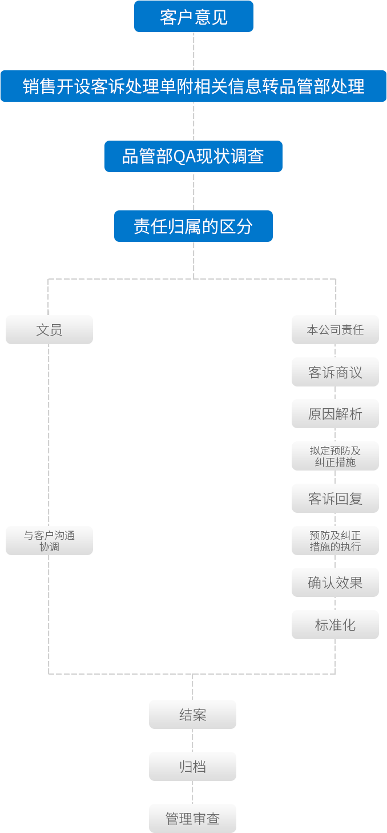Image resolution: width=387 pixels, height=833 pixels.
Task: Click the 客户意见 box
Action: pos(193,17)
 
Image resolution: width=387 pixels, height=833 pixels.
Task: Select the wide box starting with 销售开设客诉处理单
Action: pos(193,86)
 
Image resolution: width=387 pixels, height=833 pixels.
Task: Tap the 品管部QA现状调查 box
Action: pos(193,156)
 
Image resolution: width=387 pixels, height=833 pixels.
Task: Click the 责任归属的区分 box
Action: pos(193,226)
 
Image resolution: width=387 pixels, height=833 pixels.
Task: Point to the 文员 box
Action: pos(50,330)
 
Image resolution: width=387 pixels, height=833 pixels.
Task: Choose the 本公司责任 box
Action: pos(335,330)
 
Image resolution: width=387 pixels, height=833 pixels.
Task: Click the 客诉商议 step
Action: pos(335,373)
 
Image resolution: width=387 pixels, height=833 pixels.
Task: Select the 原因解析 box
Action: pos(335,414)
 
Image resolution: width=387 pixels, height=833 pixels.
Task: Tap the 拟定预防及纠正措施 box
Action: pos(335,456)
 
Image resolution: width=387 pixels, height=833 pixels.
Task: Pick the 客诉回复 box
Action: pos(335,499)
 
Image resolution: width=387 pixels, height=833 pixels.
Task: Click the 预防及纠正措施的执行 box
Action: pos(335,541)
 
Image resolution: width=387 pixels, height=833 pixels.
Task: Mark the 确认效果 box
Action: pos(335,583)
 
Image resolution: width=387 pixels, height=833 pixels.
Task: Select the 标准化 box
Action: pos(335,625)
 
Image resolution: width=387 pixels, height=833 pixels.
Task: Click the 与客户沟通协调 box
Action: pos(50,541)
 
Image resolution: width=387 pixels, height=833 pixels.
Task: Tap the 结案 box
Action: pos(192,715)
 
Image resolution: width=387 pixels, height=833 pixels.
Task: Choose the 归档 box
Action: pos(192,767)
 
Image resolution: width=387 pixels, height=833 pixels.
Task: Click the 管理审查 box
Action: pos(192,819)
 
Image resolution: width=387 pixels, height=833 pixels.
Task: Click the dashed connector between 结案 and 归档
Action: pos(192,740)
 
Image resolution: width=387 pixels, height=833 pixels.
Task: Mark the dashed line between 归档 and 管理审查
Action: pos(192,792)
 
